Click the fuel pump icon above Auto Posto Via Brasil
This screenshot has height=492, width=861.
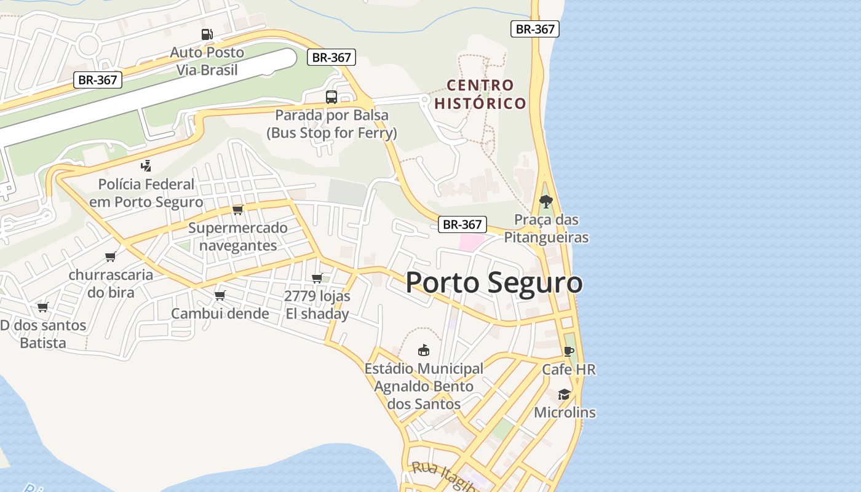207,34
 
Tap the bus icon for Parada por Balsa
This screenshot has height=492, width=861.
331,97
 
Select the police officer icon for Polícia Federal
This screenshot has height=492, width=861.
146,165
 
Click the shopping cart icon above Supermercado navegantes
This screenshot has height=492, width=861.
238,210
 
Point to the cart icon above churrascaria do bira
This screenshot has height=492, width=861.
111,256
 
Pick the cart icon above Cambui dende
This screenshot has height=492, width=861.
220,295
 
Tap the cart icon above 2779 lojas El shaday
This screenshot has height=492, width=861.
317,278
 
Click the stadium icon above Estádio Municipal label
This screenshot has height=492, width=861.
423,351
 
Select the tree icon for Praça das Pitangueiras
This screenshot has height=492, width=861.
546,202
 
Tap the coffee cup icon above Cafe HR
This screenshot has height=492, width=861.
569,351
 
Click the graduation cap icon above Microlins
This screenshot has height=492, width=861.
564,394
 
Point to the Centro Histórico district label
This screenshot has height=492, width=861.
480,94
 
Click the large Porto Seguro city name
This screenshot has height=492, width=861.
494,282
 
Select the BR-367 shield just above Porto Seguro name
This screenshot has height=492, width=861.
462,224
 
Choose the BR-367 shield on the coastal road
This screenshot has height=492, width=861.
534,29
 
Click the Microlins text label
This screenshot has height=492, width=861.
565,412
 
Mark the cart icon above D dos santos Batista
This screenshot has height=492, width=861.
42,307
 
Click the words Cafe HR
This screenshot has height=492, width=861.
569,370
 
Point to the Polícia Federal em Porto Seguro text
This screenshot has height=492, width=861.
146,192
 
